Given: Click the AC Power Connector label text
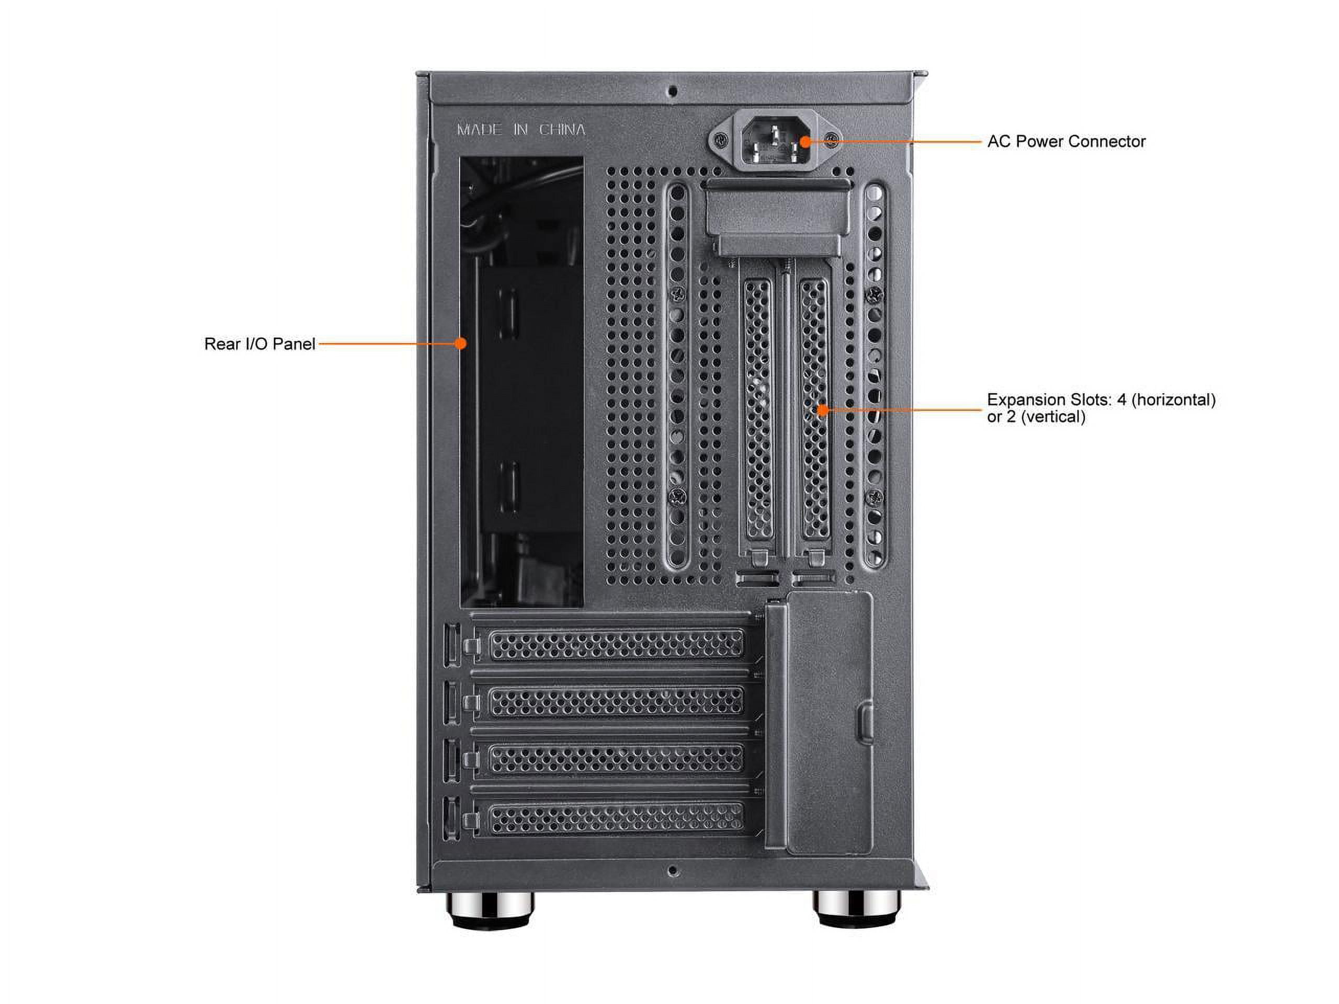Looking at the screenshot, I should point(1066,142).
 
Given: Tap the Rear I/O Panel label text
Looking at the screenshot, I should point(259,345).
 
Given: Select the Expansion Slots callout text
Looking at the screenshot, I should point(1100,408).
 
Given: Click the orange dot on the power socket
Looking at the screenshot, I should point(804,142).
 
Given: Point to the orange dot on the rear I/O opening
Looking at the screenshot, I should point(461,344).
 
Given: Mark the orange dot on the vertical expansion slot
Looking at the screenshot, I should point(822,410).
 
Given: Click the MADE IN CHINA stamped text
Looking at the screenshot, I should point(520,130).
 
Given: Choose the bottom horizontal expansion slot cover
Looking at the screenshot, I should point(616,819).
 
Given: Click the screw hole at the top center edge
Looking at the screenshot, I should point(672,92).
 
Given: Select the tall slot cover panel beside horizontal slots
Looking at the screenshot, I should point(830,723).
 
